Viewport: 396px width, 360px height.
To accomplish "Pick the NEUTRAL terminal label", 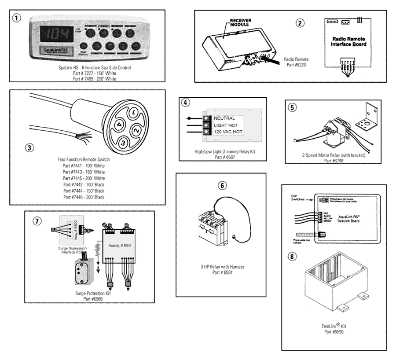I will point(225,118).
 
